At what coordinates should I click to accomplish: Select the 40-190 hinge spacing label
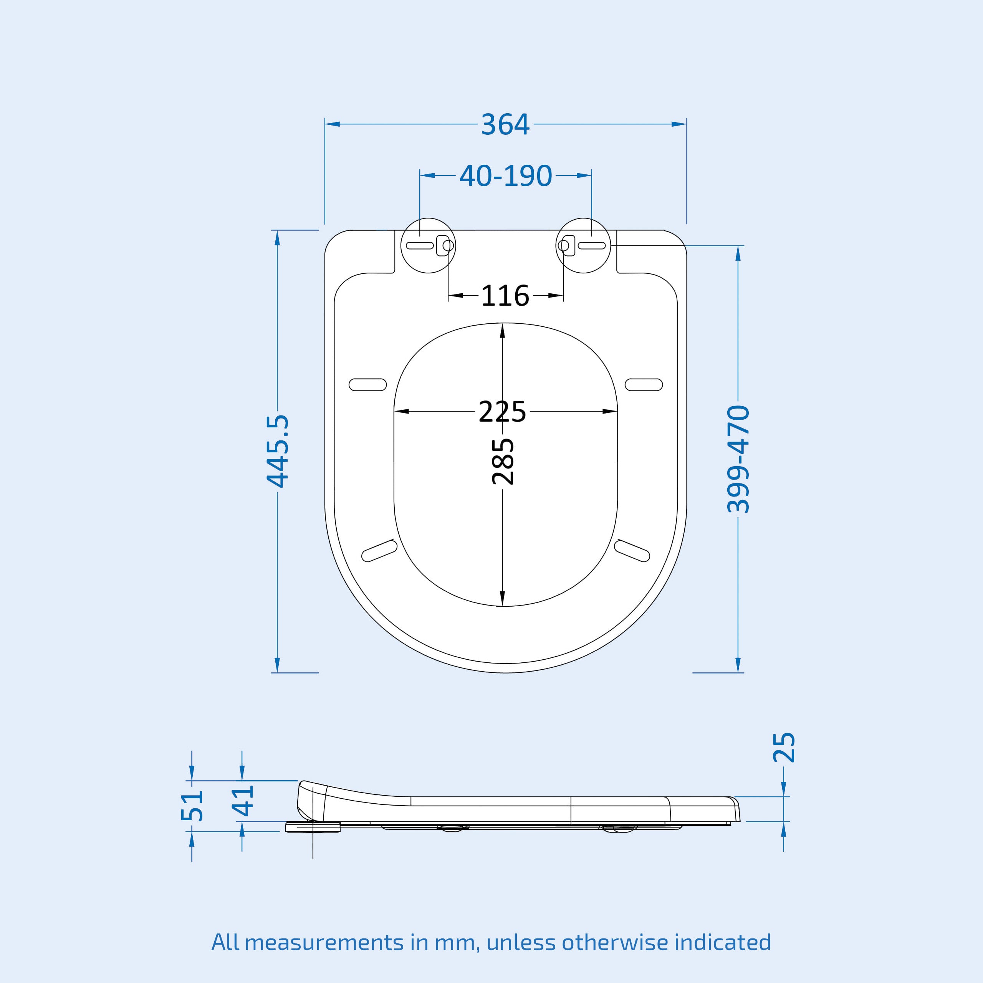click(x=505, y=176)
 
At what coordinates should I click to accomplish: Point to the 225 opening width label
click(x=502, y=412)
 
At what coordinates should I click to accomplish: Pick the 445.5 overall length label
click(x=278, y=451)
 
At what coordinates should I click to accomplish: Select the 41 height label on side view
click(x=243, y=800)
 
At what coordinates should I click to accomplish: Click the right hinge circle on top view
click(x=583, y=246)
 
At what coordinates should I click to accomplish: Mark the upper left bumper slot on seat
click(x=367, y=385)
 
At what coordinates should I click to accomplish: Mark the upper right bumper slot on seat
click(x=644, y=385)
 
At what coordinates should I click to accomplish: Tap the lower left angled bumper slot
click(x=379, y=551)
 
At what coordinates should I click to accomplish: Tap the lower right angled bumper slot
click(x=632, y=551)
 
